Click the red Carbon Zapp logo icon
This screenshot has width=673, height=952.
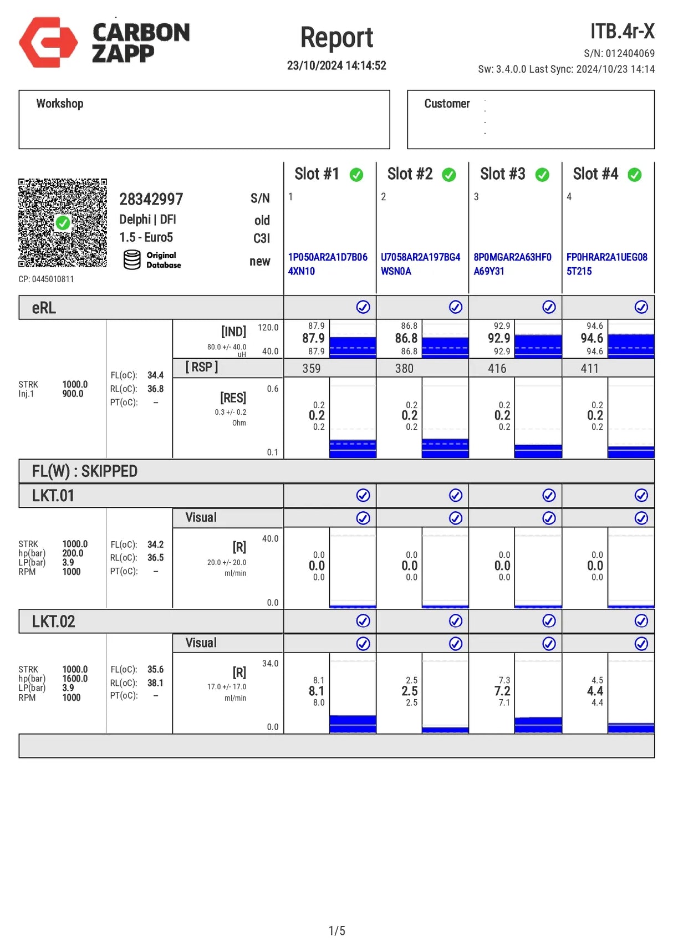(48, 42)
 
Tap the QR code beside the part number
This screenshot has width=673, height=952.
(63, 223)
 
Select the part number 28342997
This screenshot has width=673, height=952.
(151, 200)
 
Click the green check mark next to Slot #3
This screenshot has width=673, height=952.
(542, 175)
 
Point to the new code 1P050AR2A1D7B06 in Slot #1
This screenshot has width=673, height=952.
(328, 257)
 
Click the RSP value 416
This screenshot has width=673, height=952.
(497, 369)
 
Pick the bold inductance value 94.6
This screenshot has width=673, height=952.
(592, 338)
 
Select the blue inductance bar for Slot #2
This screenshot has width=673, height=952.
(445, 347)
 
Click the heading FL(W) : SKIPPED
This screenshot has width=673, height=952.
(85, 471)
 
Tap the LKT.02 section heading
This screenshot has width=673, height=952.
(53, 622)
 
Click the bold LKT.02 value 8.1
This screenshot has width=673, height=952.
(317, 691)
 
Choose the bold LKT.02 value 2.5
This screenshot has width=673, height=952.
(410, 691)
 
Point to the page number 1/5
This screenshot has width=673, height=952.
(336, 930)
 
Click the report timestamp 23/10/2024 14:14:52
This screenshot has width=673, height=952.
(336, 65)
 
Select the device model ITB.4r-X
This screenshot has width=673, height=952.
(622, 32)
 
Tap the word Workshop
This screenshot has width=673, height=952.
(60, 104)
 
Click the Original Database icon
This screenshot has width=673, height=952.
(132, 259)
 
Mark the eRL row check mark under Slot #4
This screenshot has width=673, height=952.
(641, 307)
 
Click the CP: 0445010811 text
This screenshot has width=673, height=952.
(46, 279)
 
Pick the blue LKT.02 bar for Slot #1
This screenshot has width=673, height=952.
(353, 724)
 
